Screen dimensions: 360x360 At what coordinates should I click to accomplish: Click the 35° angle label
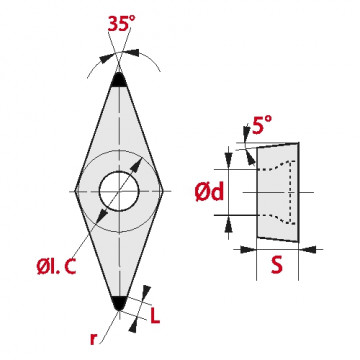122,23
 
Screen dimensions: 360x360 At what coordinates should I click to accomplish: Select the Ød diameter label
209,193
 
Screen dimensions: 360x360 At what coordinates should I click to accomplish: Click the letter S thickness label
277,265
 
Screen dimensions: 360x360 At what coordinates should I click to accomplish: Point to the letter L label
155,316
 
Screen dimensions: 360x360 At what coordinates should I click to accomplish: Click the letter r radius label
93,339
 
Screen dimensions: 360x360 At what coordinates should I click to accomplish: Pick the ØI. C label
57,266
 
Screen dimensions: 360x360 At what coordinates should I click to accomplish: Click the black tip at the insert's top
119,80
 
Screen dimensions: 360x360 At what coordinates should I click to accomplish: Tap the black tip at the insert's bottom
119,303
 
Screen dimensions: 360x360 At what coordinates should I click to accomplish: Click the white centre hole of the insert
119,191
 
